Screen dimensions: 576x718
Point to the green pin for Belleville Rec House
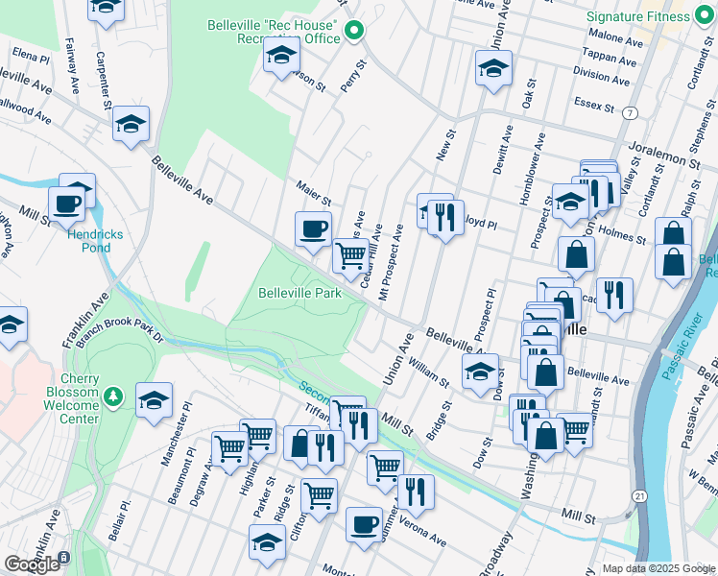pyautogui.click(x=353, y=31)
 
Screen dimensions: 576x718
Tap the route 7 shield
pyautogui.click(x=630, y=112)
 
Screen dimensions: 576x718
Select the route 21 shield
pyautogui.click(x=639, y=495)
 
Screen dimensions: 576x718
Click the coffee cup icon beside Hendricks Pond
pyautogui.click(x=67, y=203)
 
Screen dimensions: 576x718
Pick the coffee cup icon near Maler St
pyautogui.click(x=313, y=228)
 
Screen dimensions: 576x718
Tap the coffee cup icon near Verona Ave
pyautogui.click(x=364, y=524)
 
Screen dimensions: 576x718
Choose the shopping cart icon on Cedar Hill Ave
pyautogui.click(x=351, y=255)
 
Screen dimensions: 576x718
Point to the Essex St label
pyautogui.click(x=594, y=102)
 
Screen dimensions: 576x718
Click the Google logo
pyautogui.click(x=32, y=564)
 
